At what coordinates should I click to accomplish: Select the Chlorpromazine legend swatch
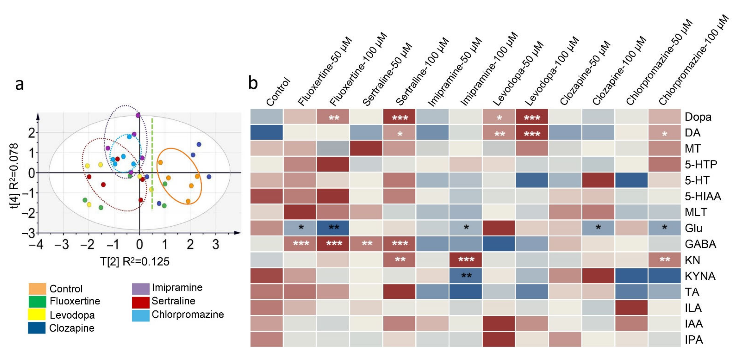click(x=141, y=315)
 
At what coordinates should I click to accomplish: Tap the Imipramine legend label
click(x=177, y=287)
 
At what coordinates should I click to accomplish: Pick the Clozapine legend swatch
click(x=37, y=328)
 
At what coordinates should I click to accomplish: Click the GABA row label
click(x=700, y=244)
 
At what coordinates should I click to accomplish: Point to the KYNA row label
click(x=700, y=276)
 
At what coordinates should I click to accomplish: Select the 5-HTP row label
click(x=701, y=164)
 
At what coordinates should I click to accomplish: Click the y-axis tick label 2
click(x=32, y=133)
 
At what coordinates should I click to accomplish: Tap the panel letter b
click(x=253, y=83)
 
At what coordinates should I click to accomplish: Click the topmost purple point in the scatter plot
click(x=138, y=115)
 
